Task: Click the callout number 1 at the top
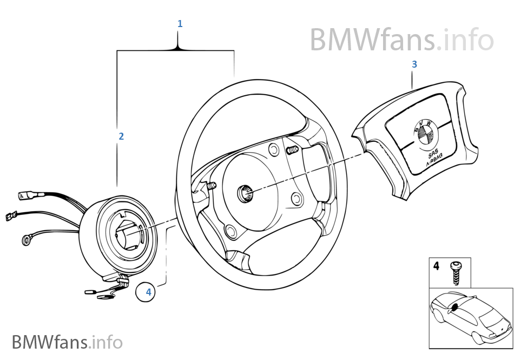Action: [x=180, y=24]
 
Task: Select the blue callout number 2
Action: [x=121, y=136]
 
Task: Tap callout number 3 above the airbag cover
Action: [x=414, y=64]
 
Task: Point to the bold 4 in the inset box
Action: [x=436, y=266]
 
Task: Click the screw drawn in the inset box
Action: [x=456, y=272]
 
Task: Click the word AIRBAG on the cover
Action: [x=434, y=159]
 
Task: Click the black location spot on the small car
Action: [x=454, y=307]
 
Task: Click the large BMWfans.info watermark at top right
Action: [x=401, y=40]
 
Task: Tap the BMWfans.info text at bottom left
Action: [x=67, y=342]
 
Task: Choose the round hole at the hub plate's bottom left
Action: [x=231, y=231]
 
